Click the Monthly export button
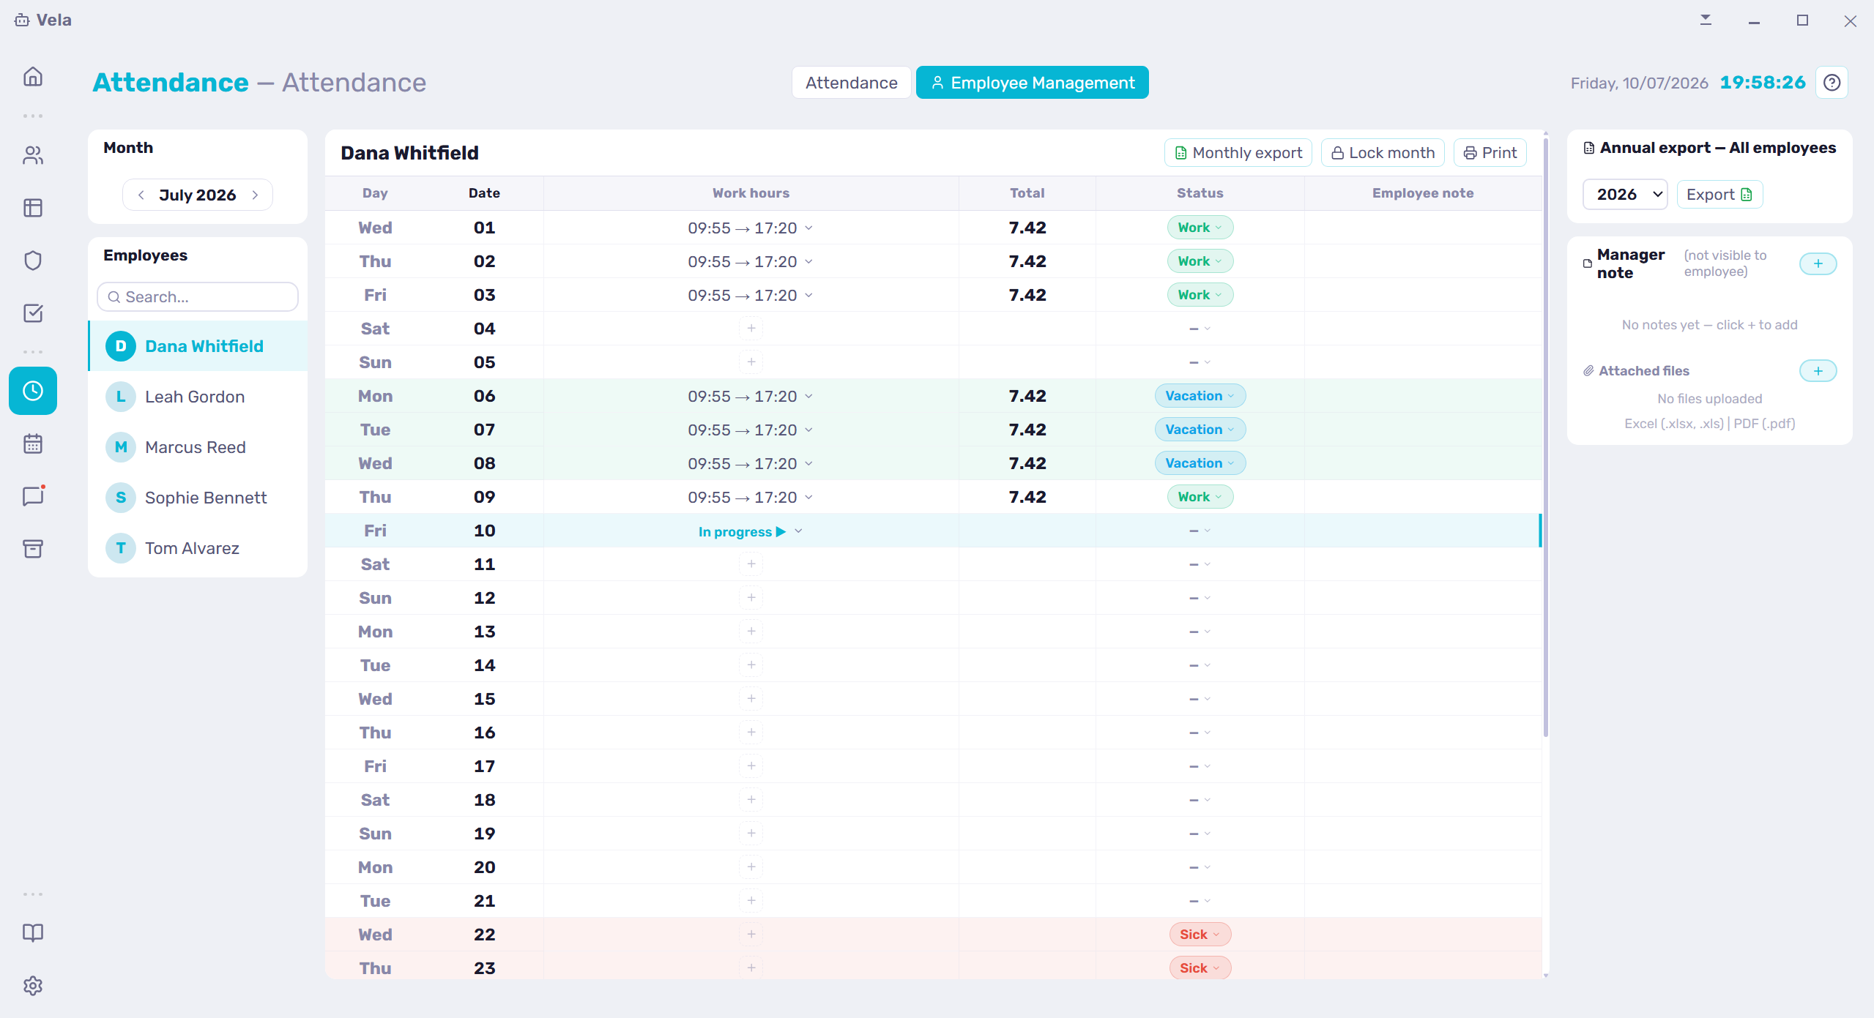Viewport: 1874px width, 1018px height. click(x=1238, y=153)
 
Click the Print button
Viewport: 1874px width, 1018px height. click(x=1490, y=153)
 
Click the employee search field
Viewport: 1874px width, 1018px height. click(x=198, y=297)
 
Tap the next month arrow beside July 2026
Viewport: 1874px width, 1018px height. click(x=255, y=195)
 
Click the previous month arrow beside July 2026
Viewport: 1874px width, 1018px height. click(x=141, y=195)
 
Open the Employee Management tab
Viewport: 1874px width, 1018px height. click(x=1032, y=83)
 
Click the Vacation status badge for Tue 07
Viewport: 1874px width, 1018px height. click(x=1200, y=430)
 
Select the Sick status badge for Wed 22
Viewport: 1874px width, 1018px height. click(x=1200, y=935)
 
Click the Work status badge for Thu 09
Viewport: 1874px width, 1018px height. click(x=1200, y=497)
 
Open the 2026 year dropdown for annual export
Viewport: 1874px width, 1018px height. click(x=1625, y=195)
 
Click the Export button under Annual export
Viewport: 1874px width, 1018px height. click(x=1719, y=195)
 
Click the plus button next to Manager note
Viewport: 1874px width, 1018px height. click(x=1818, y=263)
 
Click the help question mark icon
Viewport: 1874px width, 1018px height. click(x=1832, y=83)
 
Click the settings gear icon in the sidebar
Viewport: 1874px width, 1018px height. click(x=33, y=986)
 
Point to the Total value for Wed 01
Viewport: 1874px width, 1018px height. click(x=1027, y=228)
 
